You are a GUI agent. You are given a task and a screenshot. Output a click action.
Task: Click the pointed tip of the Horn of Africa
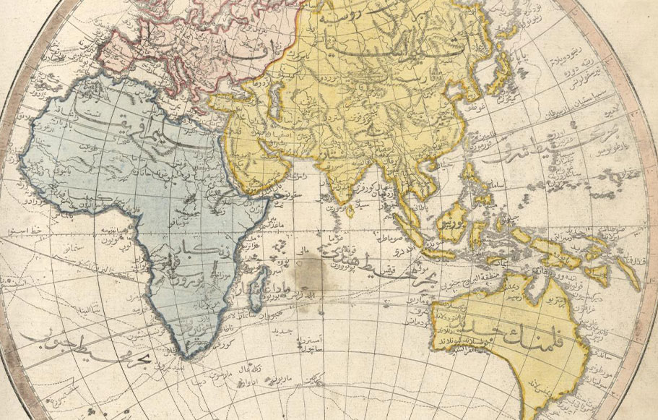[276, 197]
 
